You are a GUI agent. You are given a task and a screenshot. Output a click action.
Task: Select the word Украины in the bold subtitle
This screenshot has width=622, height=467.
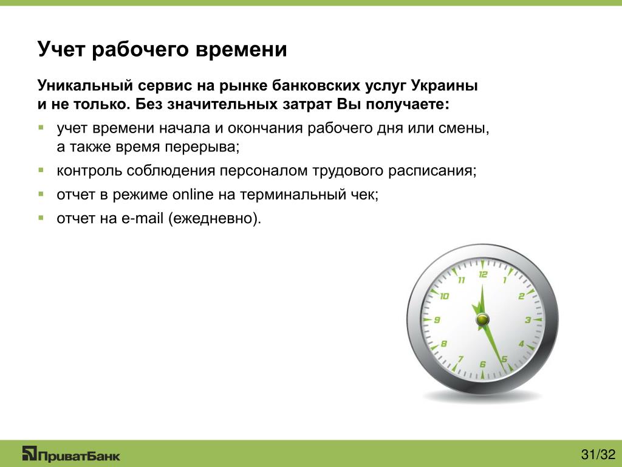(x=444, y=86)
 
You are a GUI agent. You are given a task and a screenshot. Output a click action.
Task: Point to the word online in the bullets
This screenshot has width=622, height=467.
(x=193, y=195)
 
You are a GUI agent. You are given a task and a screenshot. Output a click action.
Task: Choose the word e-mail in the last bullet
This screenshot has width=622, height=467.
(x=142, y=218)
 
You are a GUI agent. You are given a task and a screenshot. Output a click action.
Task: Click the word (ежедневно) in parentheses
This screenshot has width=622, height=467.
(x=213, y=219)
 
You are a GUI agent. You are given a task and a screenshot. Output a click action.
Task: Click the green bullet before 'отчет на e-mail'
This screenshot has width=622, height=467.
(x=41, y=218)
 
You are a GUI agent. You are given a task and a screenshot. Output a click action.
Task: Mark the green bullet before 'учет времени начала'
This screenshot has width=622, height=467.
(x=41, y=128)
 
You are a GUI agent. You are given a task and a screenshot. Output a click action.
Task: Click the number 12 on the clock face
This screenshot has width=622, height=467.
(x=483, y=274)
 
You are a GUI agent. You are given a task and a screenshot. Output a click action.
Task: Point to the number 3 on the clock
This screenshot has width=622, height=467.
(x=528, y=320)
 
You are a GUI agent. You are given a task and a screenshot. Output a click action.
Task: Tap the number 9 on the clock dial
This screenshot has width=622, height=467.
(x=437, y=320)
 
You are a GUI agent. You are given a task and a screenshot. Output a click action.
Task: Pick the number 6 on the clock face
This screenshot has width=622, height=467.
(x=482, y=364)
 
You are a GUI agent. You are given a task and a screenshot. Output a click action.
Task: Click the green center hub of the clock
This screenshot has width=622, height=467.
(x=482, y=319)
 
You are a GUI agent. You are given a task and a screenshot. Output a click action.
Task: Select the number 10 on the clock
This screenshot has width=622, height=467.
(x=444, y=296)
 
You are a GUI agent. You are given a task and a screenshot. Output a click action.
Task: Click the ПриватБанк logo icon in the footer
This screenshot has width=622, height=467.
(x=29, y=453)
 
